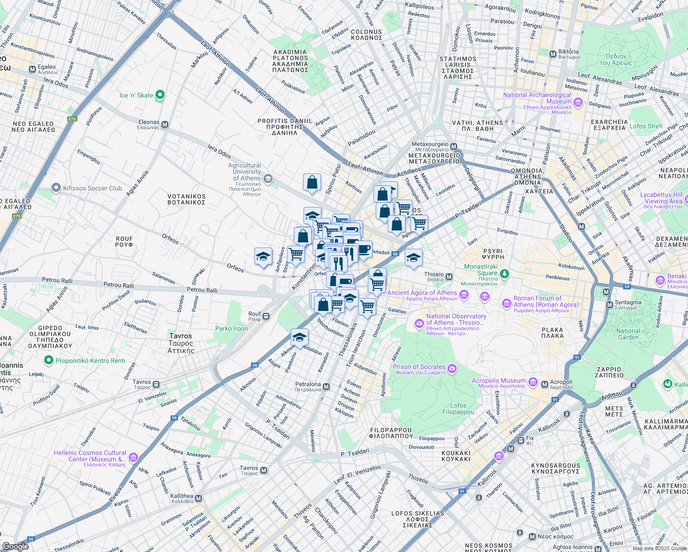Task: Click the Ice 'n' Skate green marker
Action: pyautogui.click(x=160, y=95)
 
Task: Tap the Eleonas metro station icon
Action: pyautogui.click(x=165, y=125)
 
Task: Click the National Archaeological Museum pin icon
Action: pyautogui.click(x=578, y=102)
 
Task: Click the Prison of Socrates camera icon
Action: pyautogui.click(x=452, y=368)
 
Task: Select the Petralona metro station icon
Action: pyautogui.click(x=327, y=387)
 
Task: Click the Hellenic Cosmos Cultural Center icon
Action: pyautogui.click(x=133, y=457)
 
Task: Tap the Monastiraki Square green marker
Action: pyautogui.click(x=505, y=274)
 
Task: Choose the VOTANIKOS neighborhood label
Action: pyautogui.click(x=186, y=199)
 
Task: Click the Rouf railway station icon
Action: pyautogui.click(x=266, y=316)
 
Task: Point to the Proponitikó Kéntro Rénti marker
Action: pyautogui.click(x=49, y=360)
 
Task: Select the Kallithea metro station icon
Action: pyautogui.click(x=199, y=498)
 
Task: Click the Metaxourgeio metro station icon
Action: pyautogui.click(x=454, y=146)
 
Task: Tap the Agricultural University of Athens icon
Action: pyautogui.click(x=268, y=178)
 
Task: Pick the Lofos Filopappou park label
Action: pyautogui.click(x=458, y=408)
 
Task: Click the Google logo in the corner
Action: pyautogui.click(x=16, y=546)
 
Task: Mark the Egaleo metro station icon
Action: pyautogui.click(x=32, y=69)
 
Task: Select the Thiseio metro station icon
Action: pyautogui.click(x=449, y=276)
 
